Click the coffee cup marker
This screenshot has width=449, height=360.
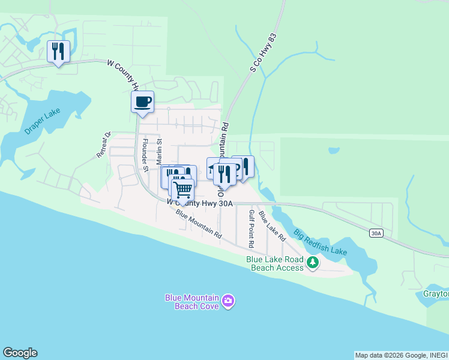click(142, 101)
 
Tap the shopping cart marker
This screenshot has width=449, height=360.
click(182, 190)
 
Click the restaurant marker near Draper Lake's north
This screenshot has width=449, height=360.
click(58, 52)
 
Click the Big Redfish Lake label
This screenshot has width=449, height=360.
click(321, 241)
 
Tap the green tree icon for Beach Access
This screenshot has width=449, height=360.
click(312, 263)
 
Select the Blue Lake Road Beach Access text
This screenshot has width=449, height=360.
click(275, 263)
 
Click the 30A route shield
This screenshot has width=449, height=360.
click(376, 233)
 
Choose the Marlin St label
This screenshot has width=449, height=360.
click(160, 151)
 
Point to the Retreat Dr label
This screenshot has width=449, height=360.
click(104, 145)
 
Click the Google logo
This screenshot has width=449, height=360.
click(20, 353)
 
